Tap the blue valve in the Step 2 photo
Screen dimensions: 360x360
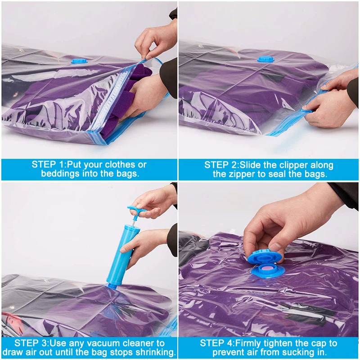[x=265, y=59]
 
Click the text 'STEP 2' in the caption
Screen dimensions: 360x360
[x=221, y=165]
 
